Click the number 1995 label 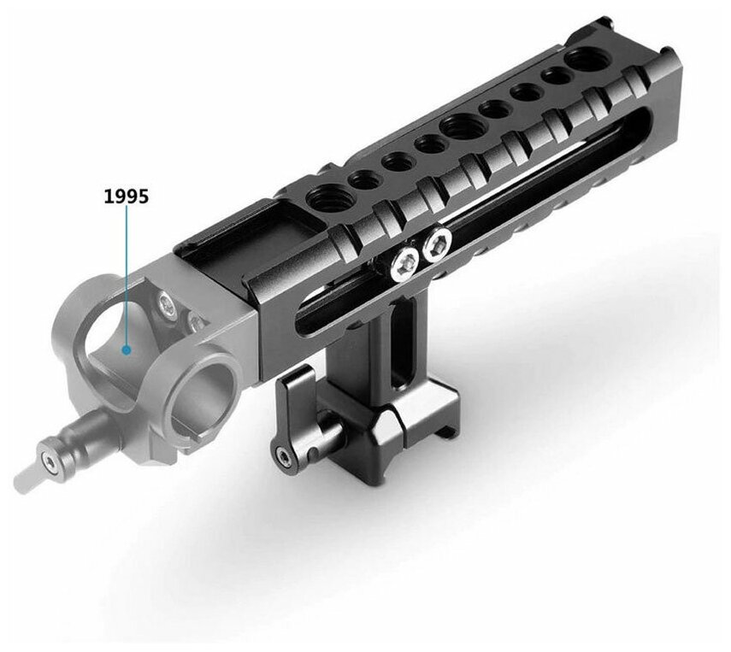126,197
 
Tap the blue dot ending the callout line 126,350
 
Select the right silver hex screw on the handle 438,244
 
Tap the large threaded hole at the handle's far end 584,58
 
